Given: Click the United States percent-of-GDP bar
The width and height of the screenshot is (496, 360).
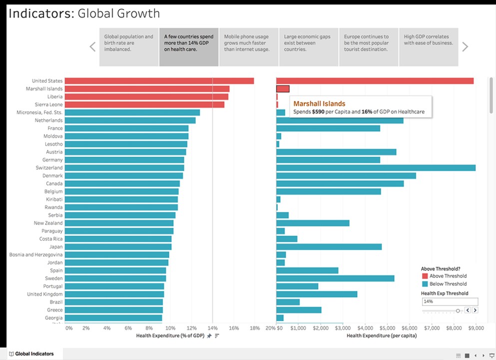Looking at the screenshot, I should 159,81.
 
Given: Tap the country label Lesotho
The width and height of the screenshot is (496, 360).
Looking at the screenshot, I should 53,144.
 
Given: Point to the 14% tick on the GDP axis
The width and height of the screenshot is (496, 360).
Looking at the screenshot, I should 212,328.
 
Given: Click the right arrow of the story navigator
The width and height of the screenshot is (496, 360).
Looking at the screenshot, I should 465,47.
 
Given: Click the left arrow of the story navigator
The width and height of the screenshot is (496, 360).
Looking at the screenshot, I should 92,47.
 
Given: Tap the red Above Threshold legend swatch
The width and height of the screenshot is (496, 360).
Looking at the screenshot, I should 425,276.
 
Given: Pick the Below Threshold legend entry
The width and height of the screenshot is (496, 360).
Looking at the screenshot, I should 448,284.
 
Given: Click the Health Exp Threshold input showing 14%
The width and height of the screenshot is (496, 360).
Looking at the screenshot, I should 450,301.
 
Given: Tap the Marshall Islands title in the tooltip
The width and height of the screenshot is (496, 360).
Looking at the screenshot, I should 319,103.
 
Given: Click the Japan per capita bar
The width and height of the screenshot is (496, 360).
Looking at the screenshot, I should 329,247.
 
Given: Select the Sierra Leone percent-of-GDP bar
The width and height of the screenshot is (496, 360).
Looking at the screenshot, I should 144,104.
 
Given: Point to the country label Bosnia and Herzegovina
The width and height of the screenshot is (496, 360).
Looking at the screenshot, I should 36,254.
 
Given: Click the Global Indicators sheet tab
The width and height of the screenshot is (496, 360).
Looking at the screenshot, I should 34,354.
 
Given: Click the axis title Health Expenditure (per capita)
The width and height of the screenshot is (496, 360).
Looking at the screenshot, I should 382,336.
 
